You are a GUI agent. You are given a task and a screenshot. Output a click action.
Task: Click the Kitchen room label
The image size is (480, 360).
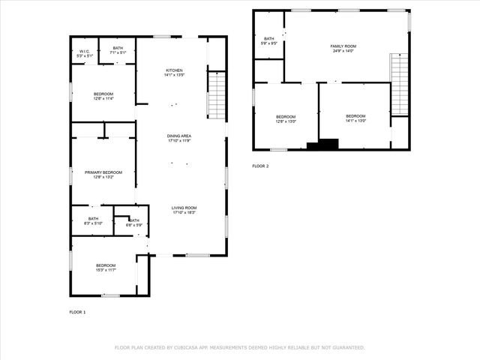175,73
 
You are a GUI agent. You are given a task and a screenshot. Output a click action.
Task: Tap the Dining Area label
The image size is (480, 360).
178,138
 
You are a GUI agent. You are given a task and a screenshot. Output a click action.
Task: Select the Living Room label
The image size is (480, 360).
184,210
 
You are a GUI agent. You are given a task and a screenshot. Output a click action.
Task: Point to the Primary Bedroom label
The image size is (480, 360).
103,174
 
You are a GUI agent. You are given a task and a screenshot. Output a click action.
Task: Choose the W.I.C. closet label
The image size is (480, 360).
85,54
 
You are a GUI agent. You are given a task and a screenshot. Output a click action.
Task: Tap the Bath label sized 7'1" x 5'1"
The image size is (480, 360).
118,51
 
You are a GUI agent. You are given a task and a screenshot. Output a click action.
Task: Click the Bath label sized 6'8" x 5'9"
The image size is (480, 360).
133,223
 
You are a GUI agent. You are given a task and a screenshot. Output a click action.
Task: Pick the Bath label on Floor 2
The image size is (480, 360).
268,40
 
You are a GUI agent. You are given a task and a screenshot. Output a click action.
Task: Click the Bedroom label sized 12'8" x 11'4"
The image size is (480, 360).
103,95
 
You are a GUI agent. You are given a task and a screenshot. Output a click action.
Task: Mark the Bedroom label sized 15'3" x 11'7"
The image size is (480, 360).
106,267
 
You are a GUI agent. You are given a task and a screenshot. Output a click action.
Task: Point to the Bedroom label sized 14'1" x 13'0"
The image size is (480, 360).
355,118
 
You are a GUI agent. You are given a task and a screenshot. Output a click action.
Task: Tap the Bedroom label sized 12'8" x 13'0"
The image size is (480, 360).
286,118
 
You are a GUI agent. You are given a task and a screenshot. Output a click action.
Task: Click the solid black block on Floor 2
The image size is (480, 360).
328,145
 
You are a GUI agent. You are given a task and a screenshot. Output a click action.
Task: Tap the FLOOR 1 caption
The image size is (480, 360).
78,311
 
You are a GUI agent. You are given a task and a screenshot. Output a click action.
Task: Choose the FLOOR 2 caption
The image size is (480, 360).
260,166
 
